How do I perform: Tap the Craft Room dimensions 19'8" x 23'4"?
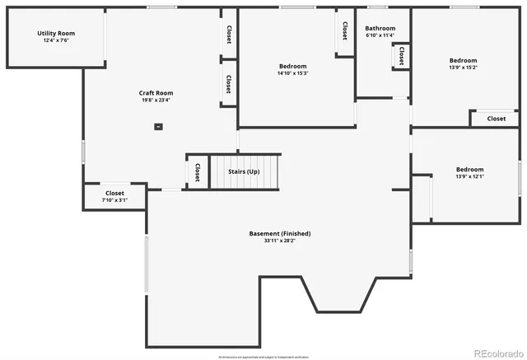(x=155, y=101)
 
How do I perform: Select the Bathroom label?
(x=380, y=28)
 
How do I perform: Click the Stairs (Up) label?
(x=244, y=171)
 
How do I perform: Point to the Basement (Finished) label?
(x=280, y=233)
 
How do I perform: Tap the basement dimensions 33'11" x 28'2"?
(x=280, y=241)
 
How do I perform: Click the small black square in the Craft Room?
(x=158, y=127)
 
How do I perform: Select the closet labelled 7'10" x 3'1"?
(x=114, y=196)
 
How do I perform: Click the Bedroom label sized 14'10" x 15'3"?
(x=292, y=66)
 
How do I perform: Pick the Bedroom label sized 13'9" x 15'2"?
(x=463, y=60)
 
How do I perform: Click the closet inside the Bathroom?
(x=401, y=55)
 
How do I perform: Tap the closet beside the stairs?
(x=198, y=171)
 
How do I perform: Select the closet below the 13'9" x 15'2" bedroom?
(x=496, y=119)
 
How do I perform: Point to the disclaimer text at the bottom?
(x=263, y=357)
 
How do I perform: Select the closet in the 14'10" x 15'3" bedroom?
(x=344, y=31)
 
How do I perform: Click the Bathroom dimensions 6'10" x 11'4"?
(x=380, y=35)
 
